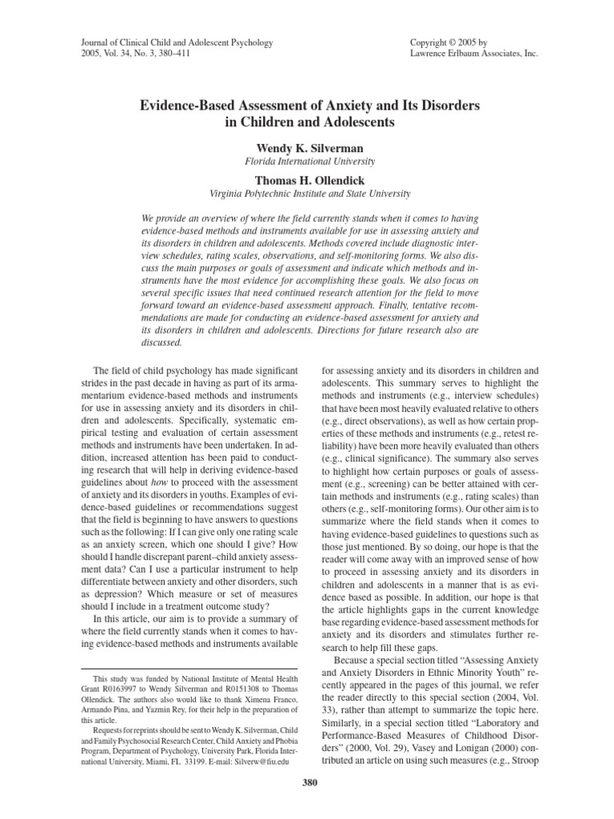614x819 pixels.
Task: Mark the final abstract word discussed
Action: (160, 343)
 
